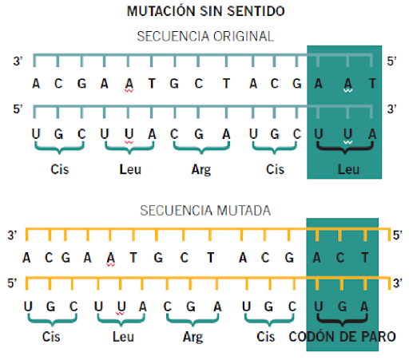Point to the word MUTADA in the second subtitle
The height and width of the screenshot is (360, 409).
(244, 211)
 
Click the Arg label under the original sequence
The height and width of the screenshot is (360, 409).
(201, 170)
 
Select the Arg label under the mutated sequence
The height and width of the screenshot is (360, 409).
(193, 337)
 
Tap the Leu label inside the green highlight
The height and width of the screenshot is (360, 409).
(348, 169)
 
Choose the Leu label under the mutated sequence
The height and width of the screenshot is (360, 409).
(123, 337)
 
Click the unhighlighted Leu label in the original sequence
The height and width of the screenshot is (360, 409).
(130, 169)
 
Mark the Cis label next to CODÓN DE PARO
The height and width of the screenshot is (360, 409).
(265, 337)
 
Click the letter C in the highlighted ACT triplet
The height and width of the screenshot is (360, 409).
(340, 258)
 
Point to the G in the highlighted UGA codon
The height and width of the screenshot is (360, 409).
(342, 307)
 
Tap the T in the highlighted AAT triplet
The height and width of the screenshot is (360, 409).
(372, 84)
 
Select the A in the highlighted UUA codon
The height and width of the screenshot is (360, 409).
(372, 134)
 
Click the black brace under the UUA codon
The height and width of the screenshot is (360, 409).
(345, 148)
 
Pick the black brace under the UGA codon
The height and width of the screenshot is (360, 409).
(343, 320)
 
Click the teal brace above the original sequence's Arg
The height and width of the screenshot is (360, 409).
(201, 148)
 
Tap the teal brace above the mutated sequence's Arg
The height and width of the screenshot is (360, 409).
(193, 320)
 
